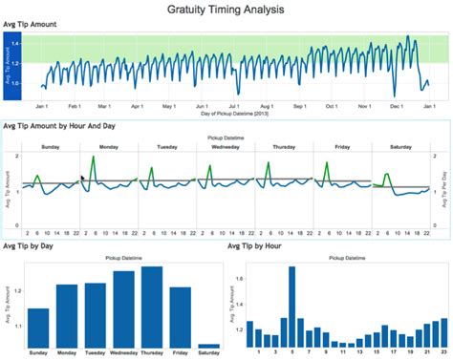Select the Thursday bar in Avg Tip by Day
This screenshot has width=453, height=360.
click(152, 307)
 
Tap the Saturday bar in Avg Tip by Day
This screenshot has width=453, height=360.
click(208, 345)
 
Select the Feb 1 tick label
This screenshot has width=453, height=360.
click(74, 106)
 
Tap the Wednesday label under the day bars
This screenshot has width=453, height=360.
click(123, 352)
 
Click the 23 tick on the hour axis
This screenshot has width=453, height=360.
click(442, 352)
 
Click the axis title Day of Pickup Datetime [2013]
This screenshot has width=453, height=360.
click(234, 114)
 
